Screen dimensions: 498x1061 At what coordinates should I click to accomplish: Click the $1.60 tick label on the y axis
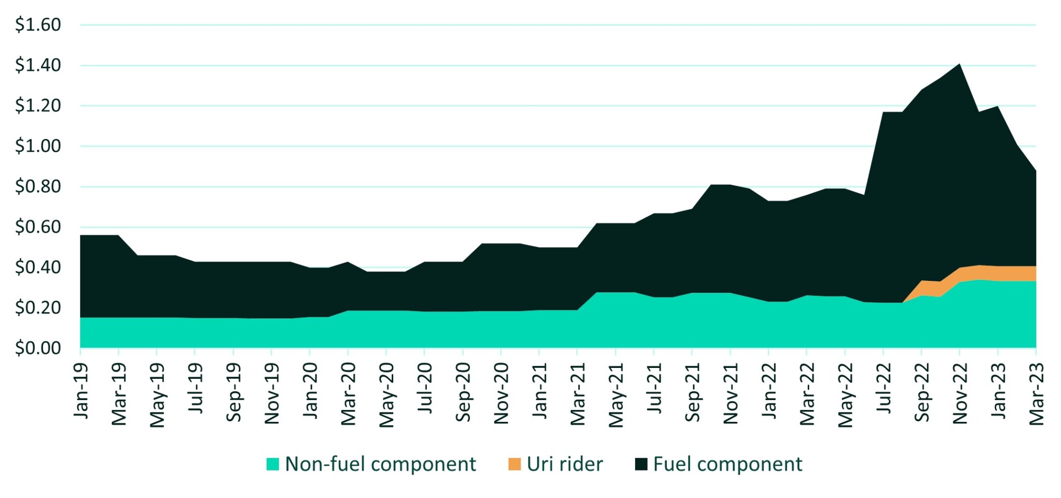tap(38, 24)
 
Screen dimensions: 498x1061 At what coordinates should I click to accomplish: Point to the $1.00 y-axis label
tap(38, 146)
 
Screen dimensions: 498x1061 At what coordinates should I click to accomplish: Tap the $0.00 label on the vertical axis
tap(38, 348)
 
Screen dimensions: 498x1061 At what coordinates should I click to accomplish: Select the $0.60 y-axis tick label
tap(38, 227)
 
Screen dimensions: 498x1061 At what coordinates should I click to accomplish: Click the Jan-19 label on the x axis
tap(81, 391)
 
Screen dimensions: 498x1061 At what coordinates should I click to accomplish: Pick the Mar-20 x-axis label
tap(349, 394)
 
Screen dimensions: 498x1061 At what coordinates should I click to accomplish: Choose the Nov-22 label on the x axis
tap(960, 394)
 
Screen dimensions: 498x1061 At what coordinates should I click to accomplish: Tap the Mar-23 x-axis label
tap(1036, 394)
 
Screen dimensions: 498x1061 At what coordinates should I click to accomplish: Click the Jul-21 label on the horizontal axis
tap(654, 389)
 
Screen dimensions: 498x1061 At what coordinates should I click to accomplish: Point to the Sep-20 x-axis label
tap(463, 392)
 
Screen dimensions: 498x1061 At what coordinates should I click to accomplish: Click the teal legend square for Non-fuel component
tap(273, 464)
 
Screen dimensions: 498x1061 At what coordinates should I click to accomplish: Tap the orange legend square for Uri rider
tap(514, 464)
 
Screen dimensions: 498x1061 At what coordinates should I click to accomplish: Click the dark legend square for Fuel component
tap(641, 464)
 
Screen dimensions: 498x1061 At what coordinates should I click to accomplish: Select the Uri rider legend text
tap(565, 464)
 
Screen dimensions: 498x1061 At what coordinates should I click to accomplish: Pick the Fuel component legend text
tap(727, 464)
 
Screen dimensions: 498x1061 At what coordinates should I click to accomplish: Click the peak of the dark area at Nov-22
tap(960, 65)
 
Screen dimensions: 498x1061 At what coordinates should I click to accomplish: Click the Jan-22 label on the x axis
tap(769, 391)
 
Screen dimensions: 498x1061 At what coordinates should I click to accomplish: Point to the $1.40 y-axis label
tap(38, 65)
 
